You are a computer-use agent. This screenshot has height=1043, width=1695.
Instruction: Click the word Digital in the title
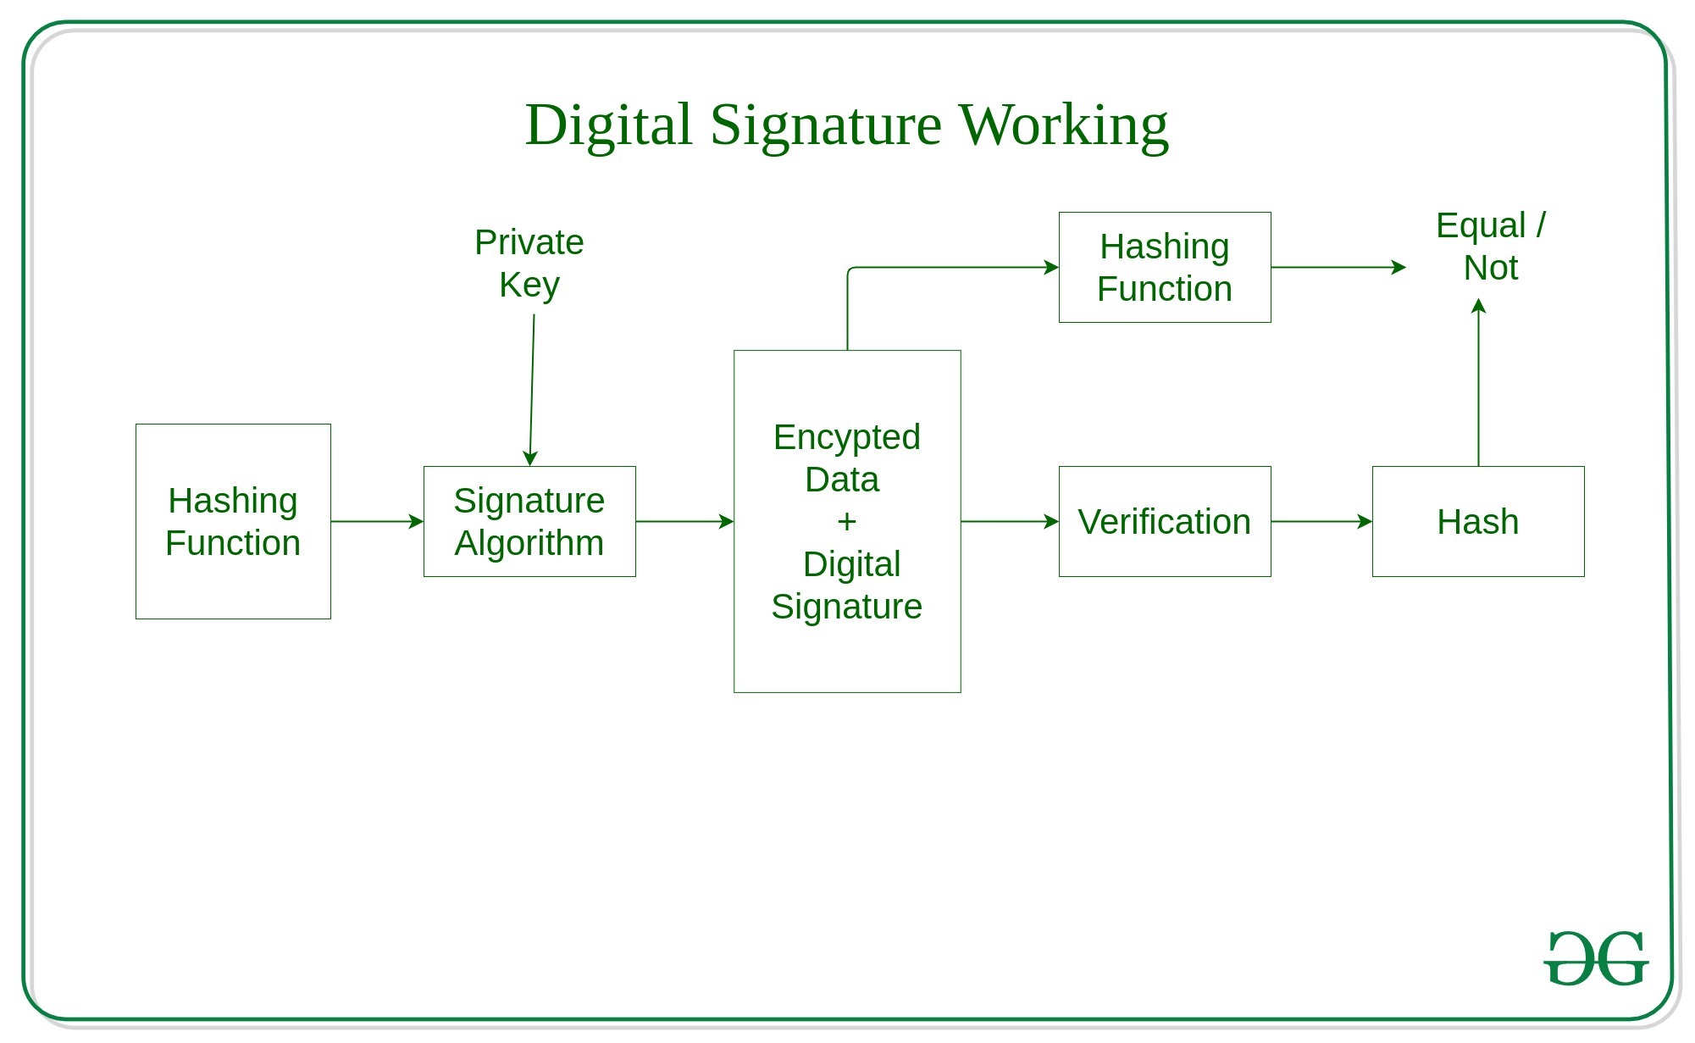tap(608, 125)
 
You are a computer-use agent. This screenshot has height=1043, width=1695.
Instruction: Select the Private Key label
tap(529, 264)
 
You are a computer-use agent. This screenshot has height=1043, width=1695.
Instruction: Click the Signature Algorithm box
tap(529, 522)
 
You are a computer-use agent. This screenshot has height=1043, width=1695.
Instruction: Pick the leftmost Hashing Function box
tap(233, 522)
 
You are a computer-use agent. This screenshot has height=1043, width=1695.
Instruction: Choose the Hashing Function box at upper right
tap(1165, 268)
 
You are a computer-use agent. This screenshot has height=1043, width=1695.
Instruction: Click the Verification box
tap(1165, 522)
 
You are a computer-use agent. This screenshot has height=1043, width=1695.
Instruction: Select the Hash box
tap(1478, 522)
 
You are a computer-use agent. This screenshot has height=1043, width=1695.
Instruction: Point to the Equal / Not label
tap(1491, 247)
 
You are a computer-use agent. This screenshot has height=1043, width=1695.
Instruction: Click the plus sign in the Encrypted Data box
tap(846, 522)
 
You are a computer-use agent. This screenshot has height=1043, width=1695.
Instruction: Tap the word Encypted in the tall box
tap(846, 437)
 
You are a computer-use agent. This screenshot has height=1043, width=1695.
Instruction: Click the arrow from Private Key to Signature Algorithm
tap(532, 390)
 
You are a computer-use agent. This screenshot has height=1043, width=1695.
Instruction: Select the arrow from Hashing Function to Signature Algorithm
tap(377, 522)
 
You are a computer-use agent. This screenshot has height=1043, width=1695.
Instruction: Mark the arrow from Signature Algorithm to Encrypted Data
tap(684, 522)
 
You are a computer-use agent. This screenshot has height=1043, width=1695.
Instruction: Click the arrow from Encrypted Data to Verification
tap(1010, 522)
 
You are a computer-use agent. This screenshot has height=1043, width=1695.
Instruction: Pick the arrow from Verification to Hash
tap(1321, 522)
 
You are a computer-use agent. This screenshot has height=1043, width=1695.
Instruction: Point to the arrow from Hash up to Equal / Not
tap(1478, 381)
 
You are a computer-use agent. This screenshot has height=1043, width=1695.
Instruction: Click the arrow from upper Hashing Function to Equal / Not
tap(1338, 268)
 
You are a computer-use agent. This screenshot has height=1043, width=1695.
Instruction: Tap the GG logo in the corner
tap(1596, 959)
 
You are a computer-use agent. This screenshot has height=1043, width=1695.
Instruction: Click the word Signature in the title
tap(825, 125)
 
